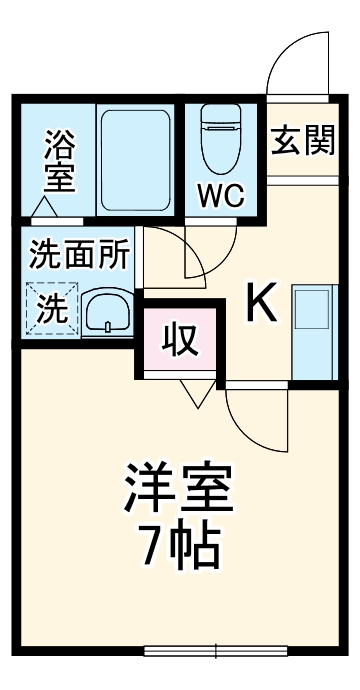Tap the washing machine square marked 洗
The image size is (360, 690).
pos(49,308)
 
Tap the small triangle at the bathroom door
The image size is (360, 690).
pos(42,209)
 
